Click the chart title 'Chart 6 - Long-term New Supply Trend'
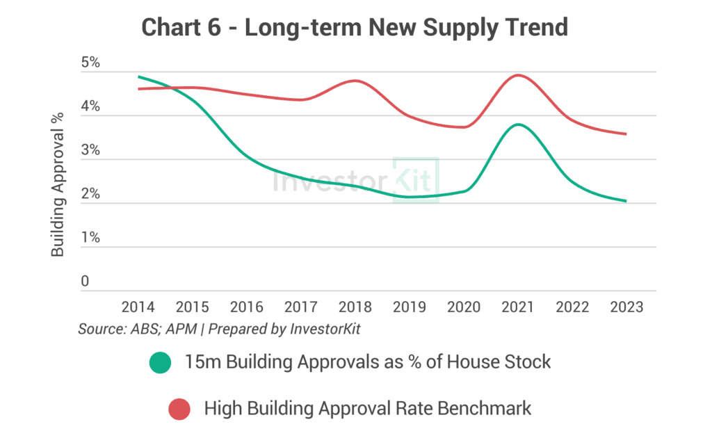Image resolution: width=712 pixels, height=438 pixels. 355,27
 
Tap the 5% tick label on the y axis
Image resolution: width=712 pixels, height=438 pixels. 90,63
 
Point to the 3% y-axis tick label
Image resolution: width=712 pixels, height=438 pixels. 90,151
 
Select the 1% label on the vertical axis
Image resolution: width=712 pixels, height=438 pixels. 90,238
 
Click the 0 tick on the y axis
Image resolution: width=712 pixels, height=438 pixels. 85,282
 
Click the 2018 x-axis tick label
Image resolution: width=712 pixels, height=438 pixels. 355,307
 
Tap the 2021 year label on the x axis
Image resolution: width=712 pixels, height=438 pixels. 517,307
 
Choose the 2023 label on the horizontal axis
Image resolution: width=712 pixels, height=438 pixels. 626,307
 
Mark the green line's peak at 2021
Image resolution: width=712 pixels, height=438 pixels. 517,124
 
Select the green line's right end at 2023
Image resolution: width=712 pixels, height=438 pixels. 626,201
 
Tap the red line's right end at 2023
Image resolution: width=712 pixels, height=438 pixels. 626,134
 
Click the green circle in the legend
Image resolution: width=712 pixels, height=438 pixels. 160,362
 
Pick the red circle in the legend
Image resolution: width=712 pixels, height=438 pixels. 179,409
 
